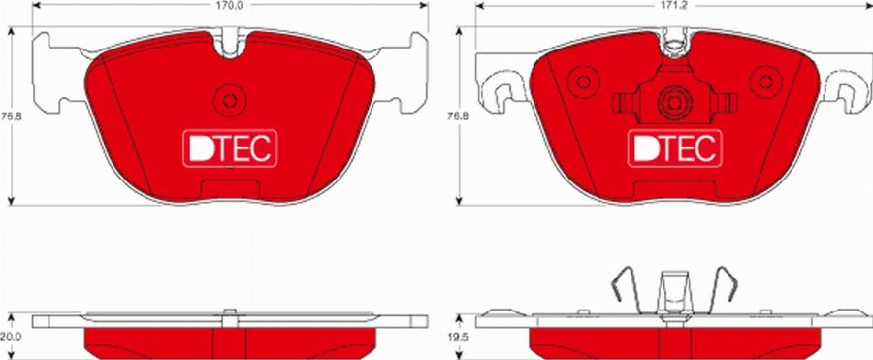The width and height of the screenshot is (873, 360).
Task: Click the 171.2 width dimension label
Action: coord(675,7)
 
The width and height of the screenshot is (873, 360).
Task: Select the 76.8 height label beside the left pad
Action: coord(8,116)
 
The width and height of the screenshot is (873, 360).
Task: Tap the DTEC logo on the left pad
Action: coord(230,148)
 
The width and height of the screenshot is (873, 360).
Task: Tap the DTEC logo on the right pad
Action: coord(675,148)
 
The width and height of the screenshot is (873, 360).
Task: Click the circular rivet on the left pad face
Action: coord(230,101)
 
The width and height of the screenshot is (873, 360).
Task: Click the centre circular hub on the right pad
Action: coord(674,103)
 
